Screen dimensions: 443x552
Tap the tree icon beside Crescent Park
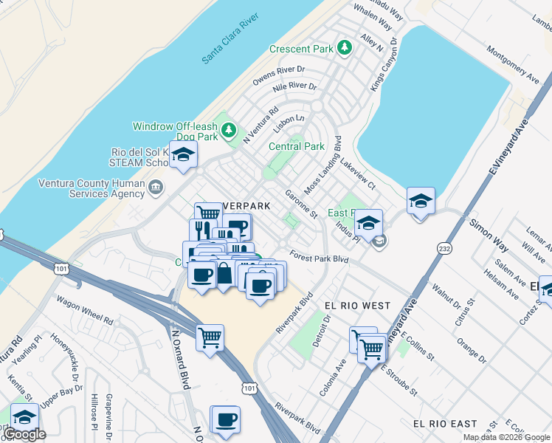[344, 48]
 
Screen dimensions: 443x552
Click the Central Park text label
[295, 146]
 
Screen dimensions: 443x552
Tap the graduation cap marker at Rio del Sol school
[183, 155]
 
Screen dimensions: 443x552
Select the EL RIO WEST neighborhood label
[357, 305]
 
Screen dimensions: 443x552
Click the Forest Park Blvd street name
[318, 258]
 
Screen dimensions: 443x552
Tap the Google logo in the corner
[24, 434]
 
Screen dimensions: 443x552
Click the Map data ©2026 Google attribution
[506, 437]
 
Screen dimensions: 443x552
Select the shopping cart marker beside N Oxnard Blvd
[210, 337]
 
